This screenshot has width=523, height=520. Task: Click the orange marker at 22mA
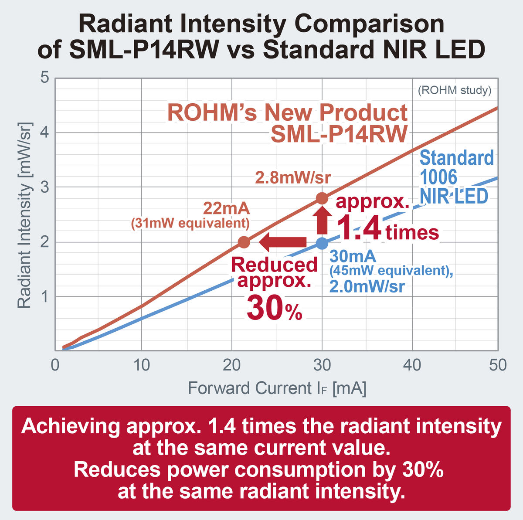[x=244, y=241]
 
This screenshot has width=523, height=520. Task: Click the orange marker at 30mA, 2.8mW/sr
[x=322, y=198]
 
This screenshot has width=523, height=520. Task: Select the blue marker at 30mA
[x=322, y=243]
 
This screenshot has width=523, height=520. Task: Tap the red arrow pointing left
[x=282, y=241]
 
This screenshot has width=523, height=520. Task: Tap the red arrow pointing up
[x=322, y=220]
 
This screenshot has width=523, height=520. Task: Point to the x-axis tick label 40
[x=412, y=365]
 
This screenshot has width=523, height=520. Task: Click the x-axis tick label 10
[x=141, y=365]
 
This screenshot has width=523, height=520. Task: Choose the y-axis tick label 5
[x=44, y=78]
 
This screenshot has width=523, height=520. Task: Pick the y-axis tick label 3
[x=44, y=187]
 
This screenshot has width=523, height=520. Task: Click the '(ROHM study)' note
[x=455, y=90]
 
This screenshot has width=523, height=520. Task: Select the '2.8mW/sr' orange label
[x=293, y=177]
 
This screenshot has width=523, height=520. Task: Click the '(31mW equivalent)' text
[x=190, y=224]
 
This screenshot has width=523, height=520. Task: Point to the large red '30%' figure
[x=275, y=307]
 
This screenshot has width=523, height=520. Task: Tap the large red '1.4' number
[x=359, y=228]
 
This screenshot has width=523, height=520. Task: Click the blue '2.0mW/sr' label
[x=367, y=287]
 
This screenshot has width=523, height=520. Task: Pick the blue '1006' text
[x=438, y=177]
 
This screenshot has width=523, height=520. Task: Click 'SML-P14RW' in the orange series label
[x=339, y=134]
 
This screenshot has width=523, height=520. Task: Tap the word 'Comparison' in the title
[x=369, y=25]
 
